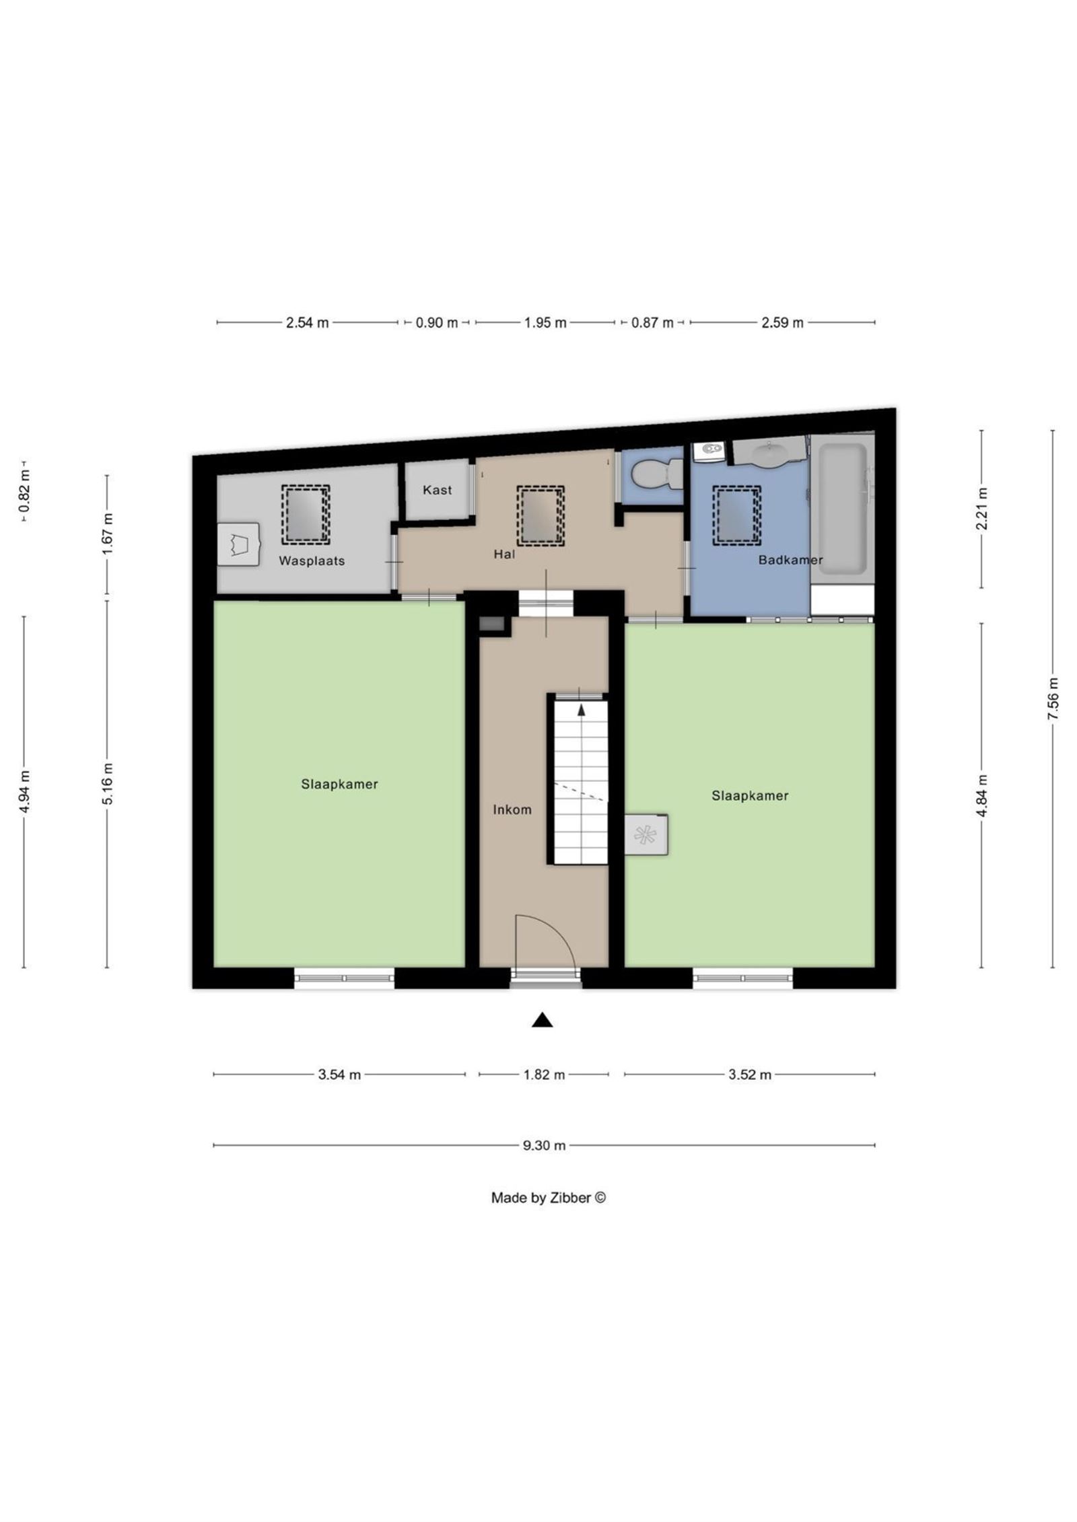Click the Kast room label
(x=437, y=490)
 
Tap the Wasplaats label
(x=312, y=560)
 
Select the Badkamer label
(x=790, y=560)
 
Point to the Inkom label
(x=512, y=809)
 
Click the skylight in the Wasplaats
(x=305, y=515)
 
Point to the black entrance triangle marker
(x=542, y=1021)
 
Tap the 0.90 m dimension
(x=436, y=323)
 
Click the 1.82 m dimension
(x=544, y=1075)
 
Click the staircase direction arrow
(x=581, y=708)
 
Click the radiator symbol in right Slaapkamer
(x=645, y=835)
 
